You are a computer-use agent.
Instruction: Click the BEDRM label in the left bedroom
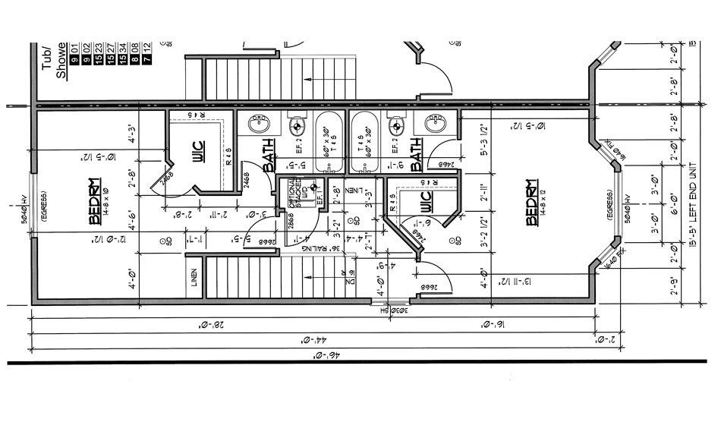pyautogui.click(x=95, y=203)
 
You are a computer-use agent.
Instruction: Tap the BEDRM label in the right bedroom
pyautogui.click(x=532, y=203)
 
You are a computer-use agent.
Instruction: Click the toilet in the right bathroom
pyautogui.click(x=393, y=126)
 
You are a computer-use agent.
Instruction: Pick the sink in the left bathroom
pyautogui.click(x=260, y=123)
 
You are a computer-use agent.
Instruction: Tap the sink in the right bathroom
pyautogui.click(x=435, y=123)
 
